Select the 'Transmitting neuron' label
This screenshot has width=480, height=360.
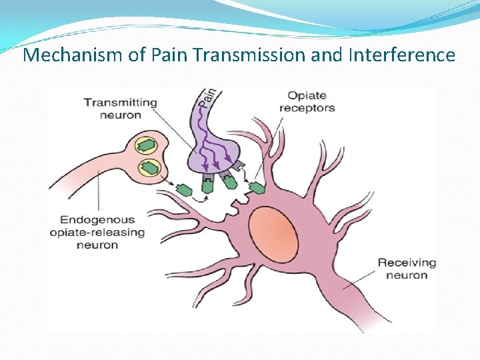[120, 109]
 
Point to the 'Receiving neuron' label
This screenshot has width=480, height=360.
[406, 269]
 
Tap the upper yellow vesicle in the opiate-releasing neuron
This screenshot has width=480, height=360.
[147, 145]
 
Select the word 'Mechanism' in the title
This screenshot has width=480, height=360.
[73, 55]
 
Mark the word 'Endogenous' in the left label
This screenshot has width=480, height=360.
[97, 219]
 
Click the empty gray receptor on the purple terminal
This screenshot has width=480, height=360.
[241, 167]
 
